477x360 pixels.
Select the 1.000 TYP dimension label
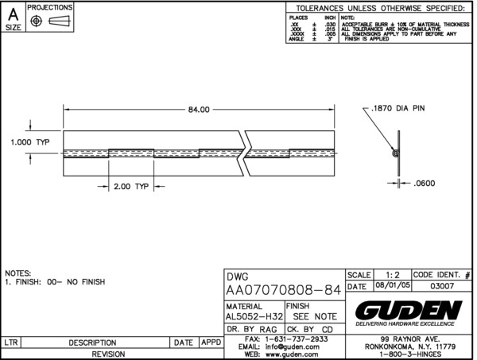[x=31, y=141]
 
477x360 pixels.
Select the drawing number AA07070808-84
[x=284, y=291]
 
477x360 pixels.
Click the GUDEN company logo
[x=409, y=308]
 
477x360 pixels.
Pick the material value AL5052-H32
[x=252, y=315]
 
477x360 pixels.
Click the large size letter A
[x=14, y=14]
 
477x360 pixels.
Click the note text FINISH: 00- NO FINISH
[x=60, y=282]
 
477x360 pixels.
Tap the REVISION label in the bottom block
[x=111, y=354]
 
